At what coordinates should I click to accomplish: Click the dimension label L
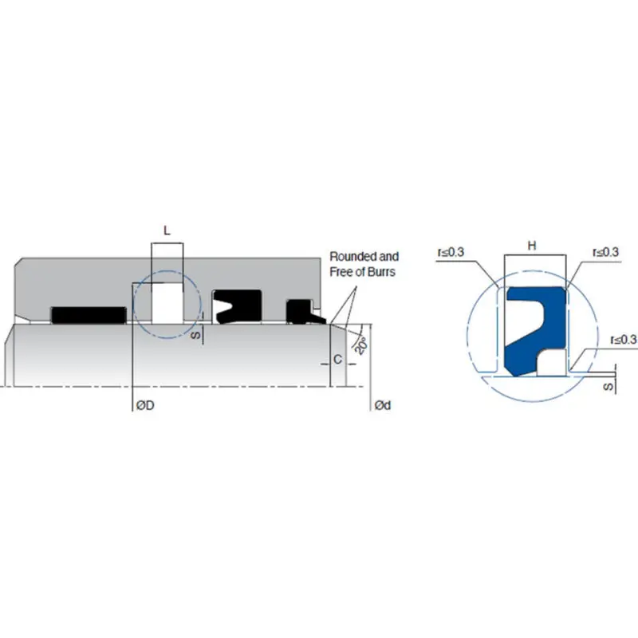click(167, 230)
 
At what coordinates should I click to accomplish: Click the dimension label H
click(532, 246)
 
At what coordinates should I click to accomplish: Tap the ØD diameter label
click(145, 405)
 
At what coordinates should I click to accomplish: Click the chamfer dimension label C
click(337, 360)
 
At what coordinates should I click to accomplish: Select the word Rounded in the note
click(352, 257)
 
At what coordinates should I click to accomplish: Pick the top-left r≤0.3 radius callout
click(451, 252)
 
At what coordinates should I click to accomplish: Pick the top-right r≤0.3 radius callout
click(606, 252)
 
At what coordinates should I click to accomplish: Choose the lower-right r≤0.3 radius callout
click(624, 340)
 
